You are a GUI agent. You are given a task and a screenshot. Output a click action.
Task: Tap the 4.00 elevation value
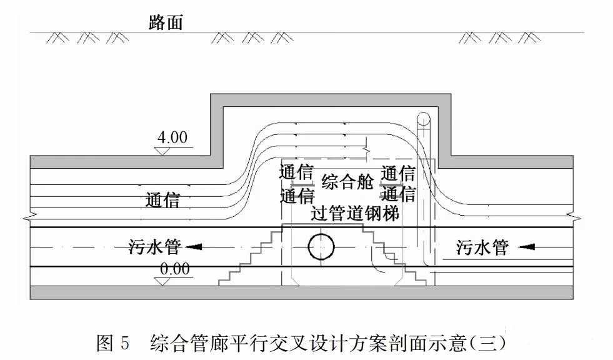point(173,137)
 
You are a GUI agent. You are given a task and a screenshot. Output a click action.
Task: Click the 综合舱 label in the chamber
point(347,182)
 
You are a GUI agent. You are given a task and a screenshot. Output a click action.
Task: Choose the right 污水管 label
point(482,247)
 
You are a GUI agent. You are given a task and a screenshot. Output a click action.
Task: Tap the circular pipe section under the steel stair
point(322,247)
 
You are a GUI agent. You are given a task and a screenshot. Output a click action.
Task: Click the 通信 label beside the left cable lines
point(162,200)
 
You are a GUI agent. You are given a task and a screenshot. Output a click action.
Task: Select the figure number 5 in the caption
point(124,343)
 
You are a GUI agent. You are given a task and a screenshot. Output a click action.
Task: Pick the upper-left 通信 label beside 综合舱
point(296,172)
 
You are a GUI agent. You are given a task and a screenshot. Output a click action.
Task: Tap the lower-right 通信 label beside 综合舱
point(398,194)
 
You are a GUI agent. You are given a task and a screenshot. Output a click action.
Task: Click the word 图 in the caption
point(104,343)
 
